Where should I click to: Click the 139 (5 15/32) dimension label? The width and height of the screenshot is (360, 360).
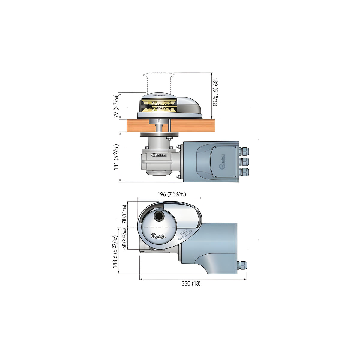(215, 92)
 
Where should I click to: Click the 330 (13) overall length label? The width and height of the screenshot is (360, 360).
(191, 283)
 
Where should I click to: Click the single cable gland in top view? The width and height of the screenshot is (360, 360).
(241, 265)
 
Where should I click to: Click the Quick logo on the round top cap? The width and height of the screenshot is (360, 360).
(159, 237)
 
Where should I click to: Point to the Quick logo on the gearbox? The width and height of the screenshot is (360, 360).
(159, 155)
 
